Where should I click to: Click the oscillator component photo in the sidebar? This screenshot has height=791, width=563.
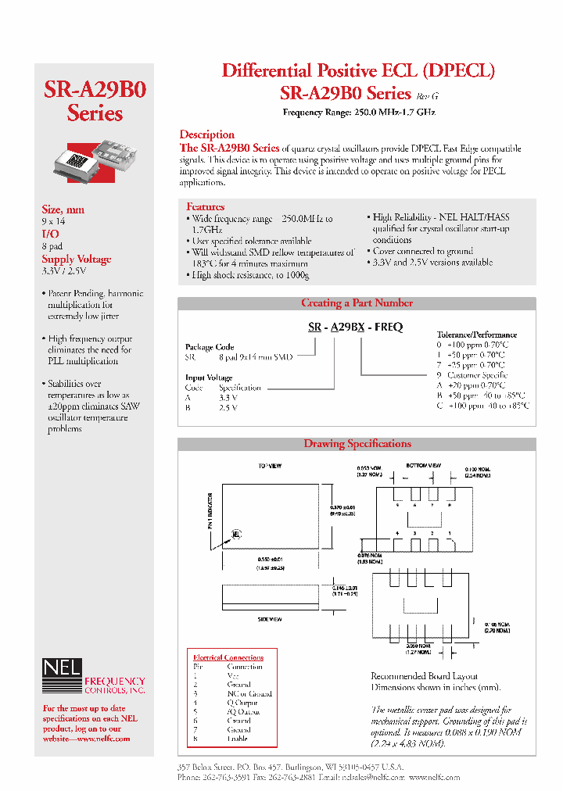94,161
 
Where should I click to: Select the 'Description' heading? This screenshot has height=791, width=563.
206,134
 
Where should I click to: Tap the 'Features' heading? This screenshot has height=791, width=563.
205,206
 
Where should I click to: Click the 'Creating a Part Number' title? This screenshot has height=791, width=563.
357,303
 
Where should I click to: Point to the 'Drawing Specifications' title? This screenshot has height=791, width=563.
357,444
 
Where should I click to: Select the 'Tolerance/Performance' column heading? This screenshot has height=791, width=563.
476,335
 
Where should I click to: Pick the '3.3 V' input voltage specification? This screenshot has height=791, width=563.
228,397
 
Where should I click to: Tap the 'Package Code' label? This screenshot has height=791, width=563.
210,346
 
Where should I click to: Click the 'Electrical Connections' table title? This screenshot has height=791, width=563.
228,657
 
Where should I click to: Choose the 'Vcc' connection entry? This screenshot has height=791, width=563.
233,675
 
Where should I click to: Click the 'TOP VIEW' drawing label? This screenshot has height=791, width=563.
269,467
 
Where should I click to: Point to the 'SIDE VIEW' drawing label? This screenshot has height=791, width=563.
269,619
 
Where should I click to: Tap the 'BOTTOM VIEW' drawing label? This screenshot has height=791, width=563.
421,465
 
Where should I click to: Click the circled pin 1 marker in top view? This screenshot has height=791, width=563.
235,535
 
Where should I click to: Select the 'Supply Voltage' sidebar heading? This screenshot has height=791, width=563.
76,259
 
